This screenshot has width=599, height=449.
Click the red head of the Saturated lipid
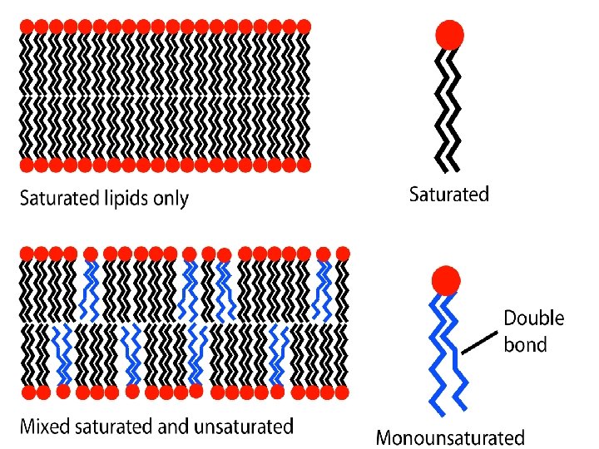tap(449, 36)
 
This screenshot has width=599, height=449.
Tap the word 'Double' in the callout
tap(534, 318)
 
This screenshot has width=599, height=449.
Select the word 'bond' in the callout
tap(526, 343)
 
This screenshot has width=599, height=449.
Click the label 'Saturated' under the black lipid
tap(449, 195)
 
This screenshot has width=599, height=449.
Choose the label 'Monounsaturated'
tap(450, 437)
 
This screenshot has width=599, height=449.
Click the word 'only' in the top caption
tap(171, 199)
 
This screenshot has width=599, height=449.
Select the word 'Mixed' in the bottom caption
tap(43, 427)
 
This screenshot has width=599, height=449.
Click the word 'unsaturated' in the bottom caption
tap(244, 427)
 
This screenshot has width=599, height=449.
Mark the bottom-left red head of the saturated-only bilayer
tap(26, 165)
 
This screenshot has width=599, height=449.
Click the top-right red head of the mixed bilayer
tap(343, 252)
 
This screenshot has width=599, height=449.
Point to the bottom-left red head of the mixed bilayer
tap(27, 391)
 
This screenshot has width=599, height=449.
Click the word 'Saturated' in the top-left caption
tap(54, 199)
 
